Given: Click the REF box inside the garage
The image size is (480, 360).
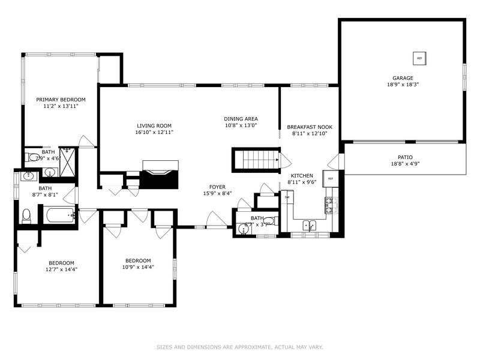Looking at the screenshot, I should pyautogui.click(x=419, y=58).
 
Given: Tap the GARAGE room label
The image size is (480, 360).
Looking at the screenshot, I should pyautogui.click(x=403, y=78).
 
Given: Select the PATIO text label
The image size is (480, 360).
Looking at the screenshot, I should pyautogui.click(x=405, y=157).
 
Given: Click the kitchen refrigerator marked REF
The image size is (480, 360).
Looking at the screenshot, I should pyautogui.click(x=330, y=179).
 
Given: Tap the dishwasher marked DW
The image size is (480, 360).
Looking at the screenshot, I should pyautogui.click(x=287, y=197).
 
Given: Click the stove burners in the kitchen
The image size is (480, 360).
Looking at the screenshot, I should pyautogui.click(x=329, y=206).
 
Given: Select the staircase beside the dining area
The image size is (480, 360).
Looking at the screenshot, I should pyautogui.click(x=256, y=160).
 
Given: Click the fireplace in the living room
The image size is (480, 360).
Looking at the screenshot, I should pyautogui.click(x=160, y=175).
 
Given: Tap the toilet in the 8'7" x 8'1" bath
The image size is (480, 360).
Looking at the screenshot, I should pyautogui.click(x=26, y=215).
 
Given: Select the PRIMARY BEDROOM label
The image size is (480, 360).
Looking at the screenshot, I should pyautogui.click(x=61, y=100).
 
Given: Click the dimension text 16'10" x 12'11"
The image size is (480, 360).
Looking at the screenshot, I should pyautogui.click(x=155, y=132).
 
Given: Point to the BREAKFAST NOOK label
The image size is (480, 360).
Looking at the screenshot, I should pyautogui.click(x=309, y=127).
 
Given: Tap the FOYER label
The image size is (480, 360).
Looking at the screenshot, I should pyautogui.click(x=217, y=187).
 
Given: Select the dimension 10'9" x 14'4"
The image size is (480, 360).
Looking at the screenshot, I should pyautogui.click(x=138, y=267).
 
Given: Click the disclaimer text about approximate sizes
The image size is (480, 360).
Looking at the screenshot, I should pyautogui.click(x=240, y=347).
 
